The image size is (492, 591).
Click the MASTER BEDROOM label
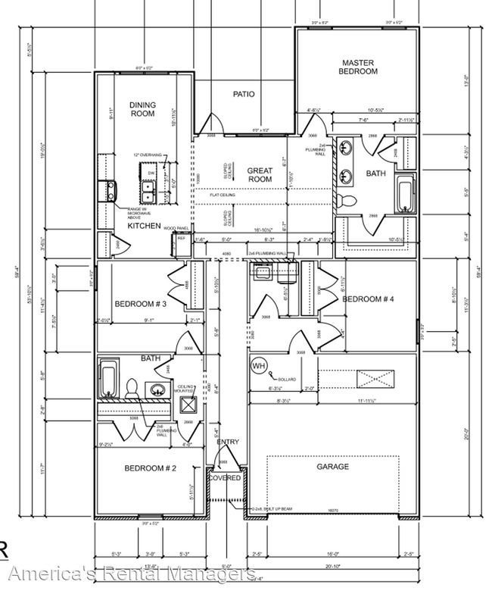(x=359, y=67)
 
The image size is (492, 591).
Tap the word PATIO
(x=243, y=95)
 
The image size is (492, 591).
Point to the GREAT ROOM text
(x=260, y=175)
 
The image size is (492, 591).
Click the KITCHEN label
(x=143, y=226)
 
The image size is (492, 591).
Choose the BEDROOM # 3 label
(x=141, y=304)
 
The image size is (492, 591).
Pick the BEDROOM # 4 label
(x=369, y=299)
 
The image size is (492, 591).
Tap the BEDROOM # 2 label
(x=151, y=469)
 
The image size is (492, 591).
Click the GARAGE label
(x=332, y=467)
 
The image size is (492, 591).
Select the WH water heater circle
(x=258, y=366)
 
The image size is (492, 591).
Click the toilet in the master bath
(x=347, y=201)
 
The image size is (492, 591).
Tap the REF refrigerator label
(x=182, y=238)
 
